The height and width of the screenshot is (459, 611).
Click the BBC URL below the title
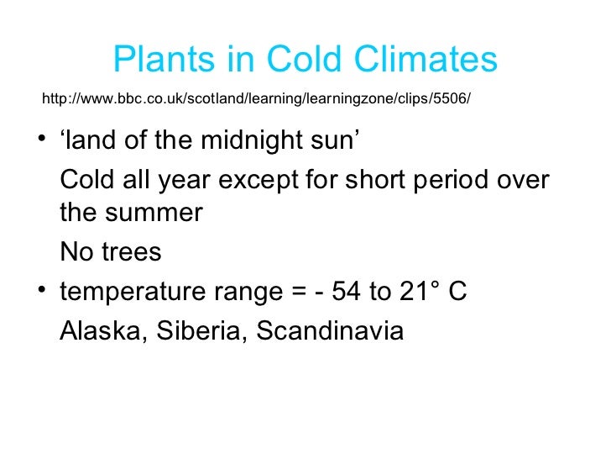point(256,99)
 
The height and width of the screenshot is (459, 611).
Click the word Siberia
point(200,331)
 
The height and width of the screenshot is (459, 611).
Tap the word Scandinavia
point(330,331)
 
